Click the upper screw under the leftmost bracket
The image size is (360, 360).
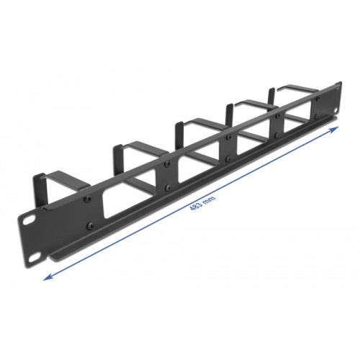point(84,196)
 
